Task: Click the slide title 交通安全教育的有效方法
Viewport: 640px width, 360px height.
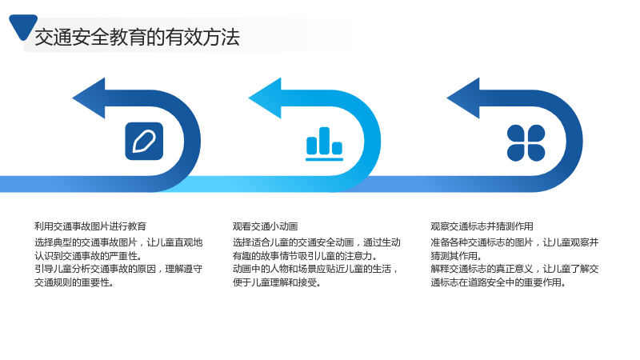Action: coord(137,38)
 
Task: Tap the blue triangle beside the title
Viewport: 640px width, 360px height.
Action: coord(23,26)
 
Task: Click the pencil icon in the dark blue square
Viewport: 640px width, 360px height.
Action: coord(144,142)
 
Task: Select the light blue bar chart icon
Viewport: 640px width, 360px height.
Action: coord(325,144)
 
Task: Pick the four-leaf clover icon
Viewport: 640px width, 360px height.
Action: coord(526,143)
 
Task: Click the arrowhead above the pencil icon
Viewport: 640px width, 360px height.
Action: coord(89,98)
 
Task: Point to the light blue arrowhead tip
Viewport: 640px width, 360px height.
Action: coord(249,98)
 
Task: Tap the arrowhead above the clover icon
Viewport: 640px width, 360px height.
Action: coord(463,98)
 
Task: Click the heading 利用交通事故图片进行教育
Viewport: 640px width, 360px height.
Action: coord(90,226)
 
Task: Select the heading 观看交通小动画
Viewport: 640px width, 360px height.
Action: coord(266,226)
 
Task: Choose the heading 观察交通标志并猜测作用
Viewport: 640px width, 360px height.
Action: coord(482,226)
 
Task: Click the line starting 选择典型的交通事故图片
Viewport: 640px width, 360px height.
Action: coord(118,242)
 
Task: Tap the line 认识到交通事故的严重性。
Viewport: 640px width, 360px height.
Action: coord(89,256)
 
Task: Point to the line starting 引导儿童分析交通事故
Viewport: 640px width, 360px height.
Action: coord(118,269)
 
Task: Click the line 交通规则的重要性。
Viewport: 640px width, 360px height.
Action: coord(74,282)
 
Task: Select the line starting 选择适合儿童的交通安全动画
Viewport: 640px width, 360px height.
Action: coord(317,242)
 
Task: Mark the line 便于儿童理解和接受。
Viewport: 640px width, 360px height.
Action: coord(277,282)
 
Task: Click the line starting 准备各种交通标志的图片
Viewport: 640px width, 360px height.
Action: coord(514,242)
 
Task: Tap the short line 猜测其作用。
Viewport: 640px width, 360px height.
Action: coord(457,256)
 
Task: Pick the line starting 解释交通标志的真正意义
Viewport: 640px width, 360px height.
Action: coord(514,269)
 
